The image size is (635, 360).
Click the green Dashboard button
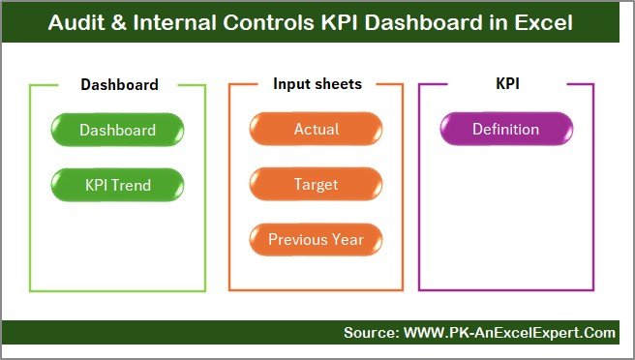point(117,130)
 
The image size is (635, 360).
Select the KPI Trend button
point(117,184)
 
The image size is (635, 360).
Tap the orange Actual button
point(316,130)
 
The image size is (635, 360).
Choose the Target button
point(316,184)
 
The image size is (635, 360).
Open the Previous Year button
point(316,239)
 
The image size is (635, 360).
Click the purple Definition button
point(505,130)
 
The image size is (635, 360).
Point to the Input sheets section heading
point(317,84)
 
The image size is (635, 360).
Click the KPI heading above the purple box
point(506,84)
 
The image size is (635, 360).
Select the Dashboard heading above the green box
point(119,84)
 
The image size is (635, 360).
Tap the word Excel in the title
point(545,22)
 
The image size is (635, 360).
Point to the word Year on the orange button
point(346,239)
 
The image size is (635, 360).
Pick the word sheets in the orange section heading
point(339,84)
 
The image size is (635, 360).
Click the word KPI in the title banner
point(320,22)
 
